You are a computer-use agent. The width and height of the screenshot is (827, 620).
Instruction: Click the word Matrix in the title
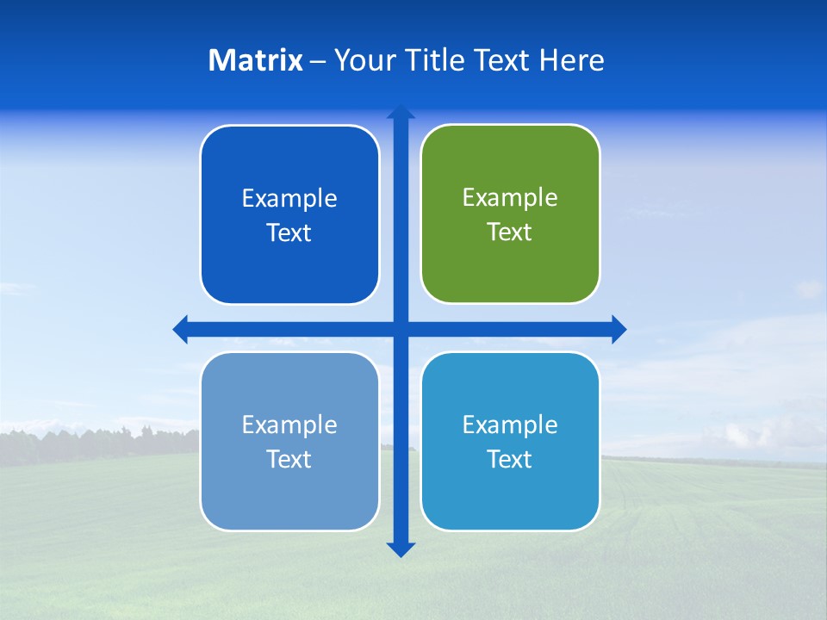(x=256, y=60)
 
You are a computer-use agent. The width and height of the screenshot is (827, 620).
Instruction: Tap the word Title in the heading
(x=436, y=60)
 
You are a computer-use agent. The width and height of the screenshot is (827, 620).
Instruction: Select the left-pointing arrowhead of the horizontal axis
(x=181, y=329)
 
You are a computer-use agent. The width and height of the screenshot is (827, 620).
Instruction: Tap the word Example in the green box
(x=510, y=197)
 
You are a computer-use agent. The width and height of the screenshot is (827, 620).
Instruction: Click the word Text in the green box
(x=510, y=232)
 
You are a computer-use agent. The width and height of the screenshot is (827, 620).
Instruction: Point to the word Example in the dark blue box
(x=289, y=198)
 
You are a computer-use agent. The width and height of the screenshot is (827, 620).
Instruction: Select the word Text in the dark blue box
(x=289, y=232)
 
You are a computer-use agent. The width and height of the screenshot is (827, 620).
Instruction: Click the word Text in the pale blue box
(x=289, y=459)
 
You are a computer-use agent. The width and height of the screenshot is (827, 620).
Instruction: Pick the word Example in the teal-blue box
(x=510, y=425)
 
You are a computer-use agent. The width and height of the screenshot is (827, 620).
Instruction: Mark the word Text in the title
(x=502, y=60)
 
